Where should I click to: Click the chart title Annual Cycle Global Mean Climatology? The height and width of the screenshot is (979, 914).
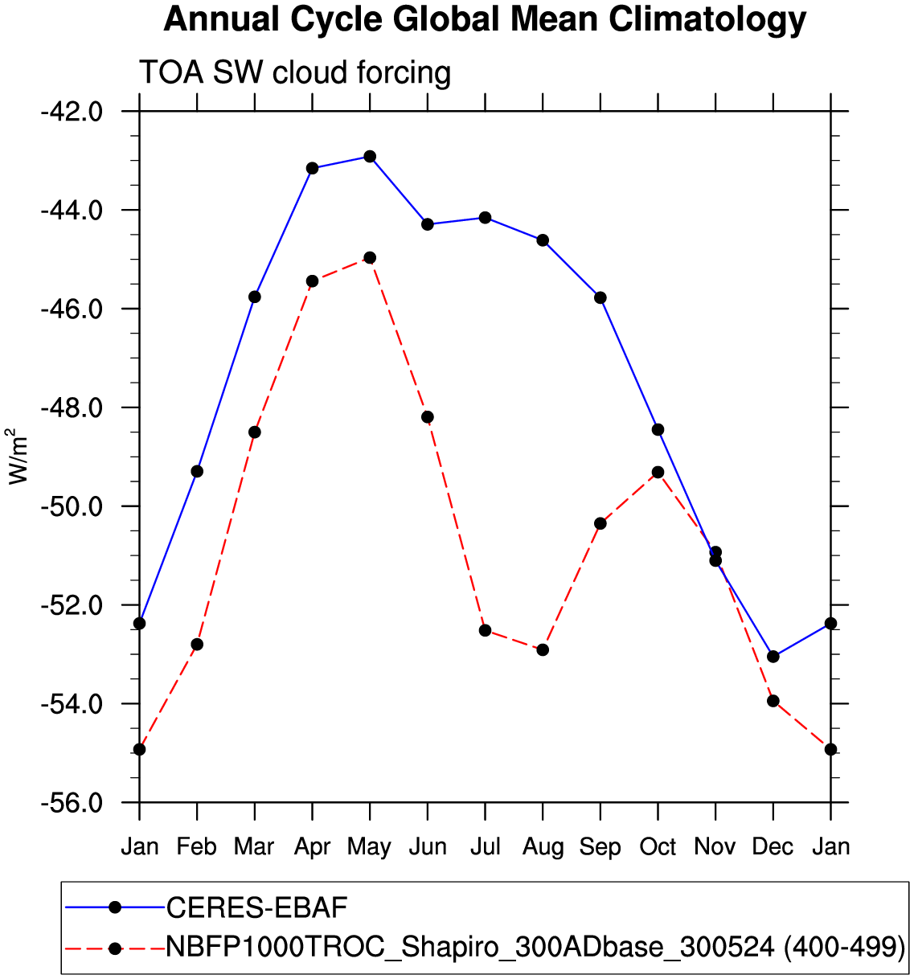[484, 20]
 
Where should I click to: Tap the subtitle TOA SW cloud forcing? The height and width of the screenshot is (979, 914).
[295, 73]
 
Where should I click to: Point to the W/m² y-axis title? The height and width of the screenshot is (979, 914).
[18, 456]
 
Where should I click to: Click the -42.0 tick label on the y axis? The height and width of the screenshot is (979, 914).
[72, 111]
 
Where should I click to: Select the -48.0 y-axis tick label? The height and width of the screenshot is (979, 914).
[72, 408]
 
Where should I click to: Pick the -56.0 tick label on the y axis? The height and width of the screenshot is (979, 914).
[72, 803]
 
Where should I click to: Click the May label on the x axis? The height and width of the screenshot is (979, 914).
[370, 847]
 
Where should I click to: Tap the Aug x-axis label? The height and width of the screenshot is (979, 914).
[543, 847]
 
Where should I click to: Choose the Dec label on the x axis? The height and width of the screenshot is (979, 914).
[773, 847]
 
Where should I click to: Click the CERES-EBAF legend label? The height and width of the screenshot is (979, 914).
[256, 908]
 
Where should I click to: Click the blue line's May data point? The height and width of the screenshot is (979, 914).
[370, 156]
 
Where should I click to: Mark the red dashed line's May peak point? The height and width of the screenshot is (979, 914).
[370, 258]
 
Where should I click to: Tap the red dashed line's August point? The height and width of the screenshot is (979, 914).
[543, 649]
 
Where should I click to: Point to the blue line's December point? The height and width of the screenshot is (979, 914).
[773, 657]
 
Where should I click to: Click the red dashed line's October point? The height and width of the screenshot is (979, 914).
[658, 472]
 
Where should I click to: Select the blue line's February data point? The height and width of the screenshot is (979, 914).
[197, 471]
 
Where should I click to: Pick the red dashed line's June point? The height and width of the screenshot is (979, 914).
[428, 416]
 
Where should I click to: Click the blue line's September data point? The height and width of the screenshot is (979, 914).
[600, 297]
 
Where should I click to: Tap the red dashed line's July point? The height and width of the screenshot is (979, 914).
[485, 630]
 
